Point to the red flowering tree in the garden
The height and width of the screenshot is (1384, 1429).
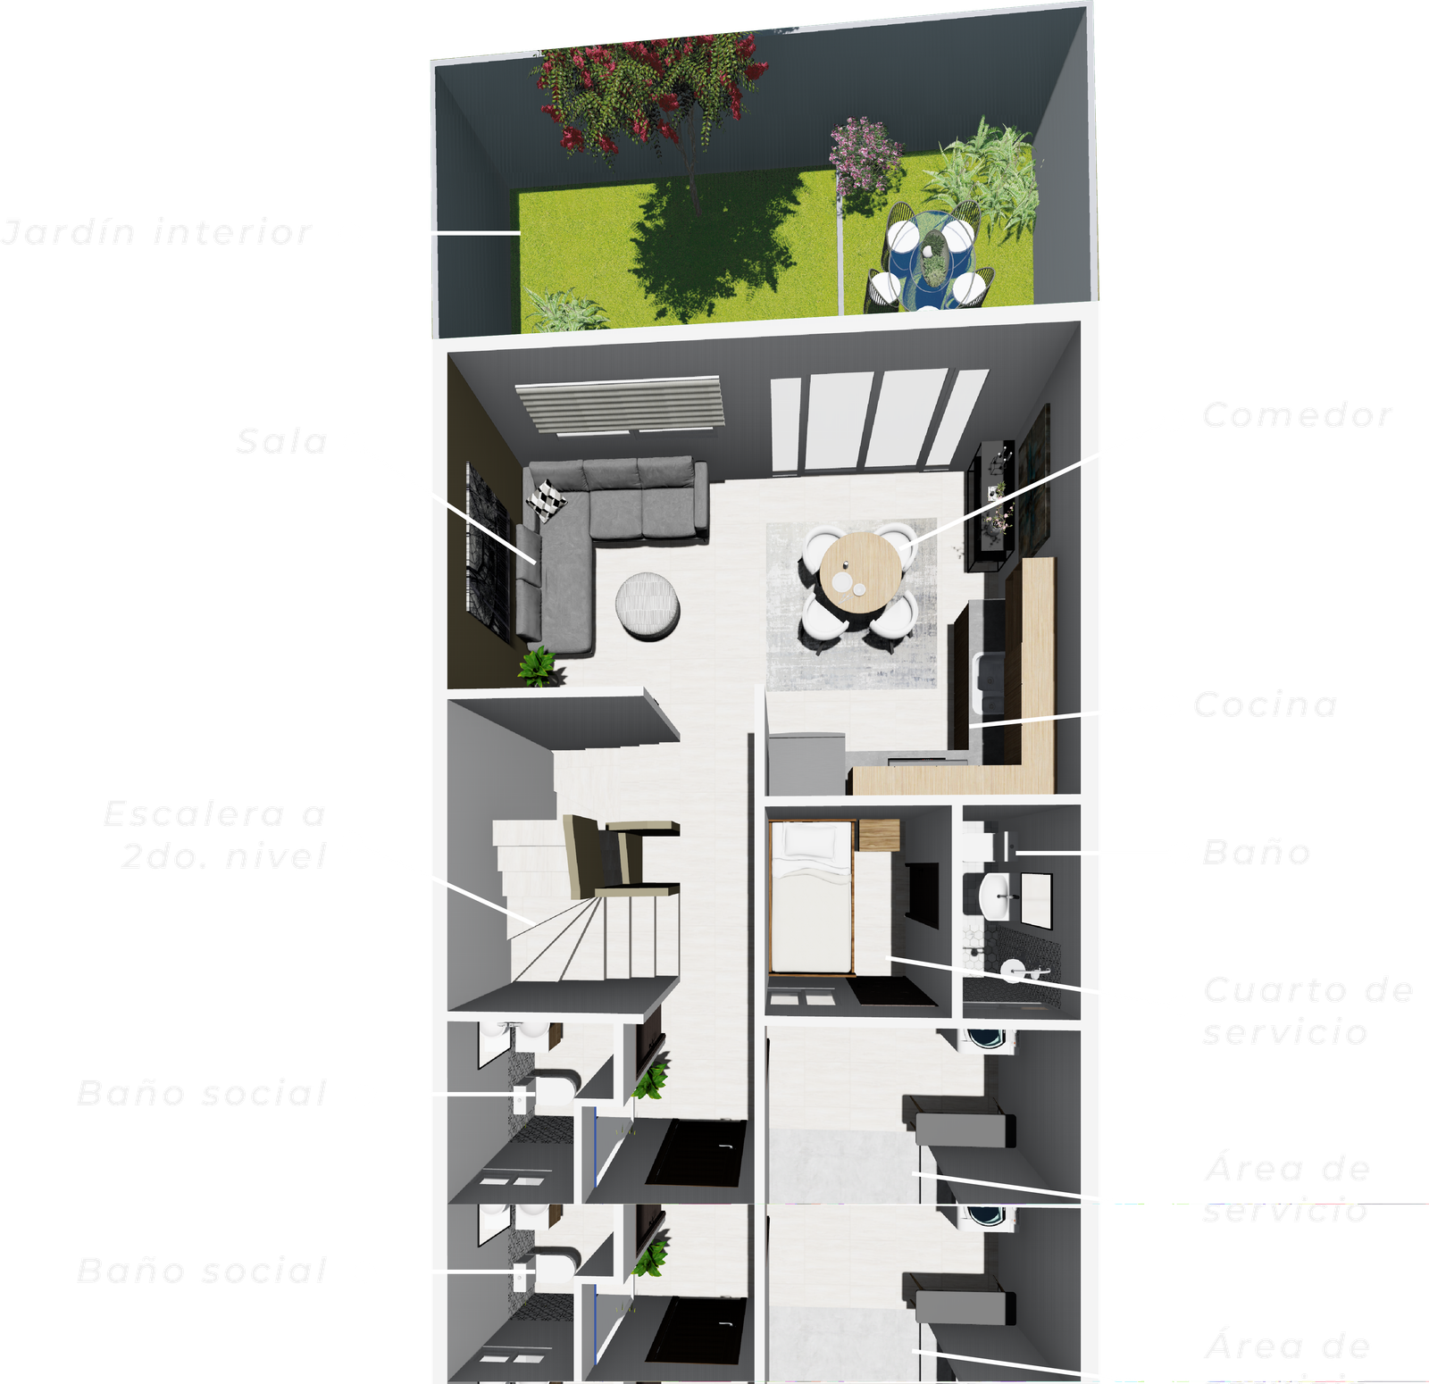[652, 89]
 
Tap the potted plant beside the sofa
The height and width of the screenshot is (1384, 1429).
[539, 666]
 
